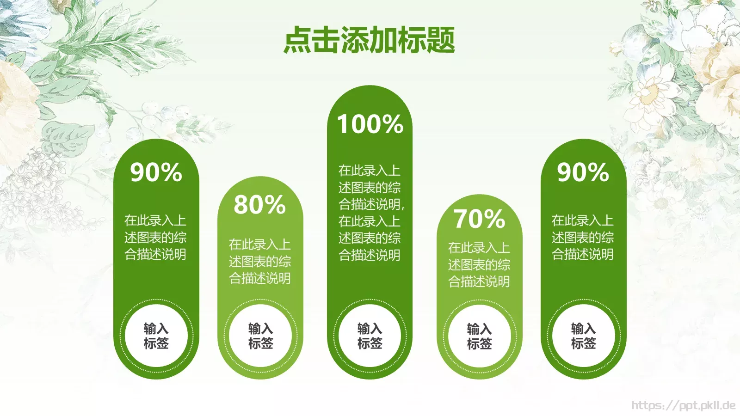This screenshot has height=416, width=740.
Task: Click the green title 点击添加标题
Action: (x=369, y=40)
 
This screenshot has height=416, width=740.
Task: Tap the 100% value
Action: (x=370, y=124)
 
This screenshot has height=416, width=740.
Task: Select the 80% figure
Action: (x=260, y=204)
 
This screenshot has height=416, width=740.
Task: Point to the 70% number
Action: (x=479, y=219)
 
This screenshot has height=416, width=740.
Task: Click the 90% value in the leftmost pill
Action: (x=156, y=172)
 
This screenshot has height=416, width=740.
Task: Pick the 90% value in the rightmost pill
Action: (x=583, y=172)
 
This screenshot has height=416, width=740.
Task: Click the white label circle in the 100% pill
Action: (x=370, y=336)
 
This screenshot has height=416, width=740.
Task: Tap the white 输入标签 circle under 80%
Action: (x=260, y=336)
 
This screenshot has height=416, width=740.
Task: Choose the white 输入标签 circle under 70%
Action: (x=479, y=336)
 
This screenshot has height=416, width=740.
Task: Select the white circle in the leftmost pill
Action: (x=156, y=336)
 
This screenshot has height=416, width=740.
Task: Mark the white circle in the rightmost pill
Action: (x=583, y=336)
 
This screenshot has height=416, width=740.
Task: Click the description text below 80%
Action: (x=260, y=261)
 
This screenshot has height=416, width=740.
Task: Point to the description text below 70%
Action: (x=479, y=264)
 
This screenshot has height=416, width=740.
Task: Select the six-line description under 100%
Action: (x=370, y=213)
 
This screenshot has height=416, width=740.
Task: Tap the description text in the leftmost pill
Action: (x=155, y=237)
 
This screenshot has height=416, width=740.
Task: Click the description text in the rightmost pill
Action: (x=583, y=237)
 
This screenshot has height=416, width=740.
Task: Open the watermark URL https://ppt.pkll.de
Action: (x=683, y=405)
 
